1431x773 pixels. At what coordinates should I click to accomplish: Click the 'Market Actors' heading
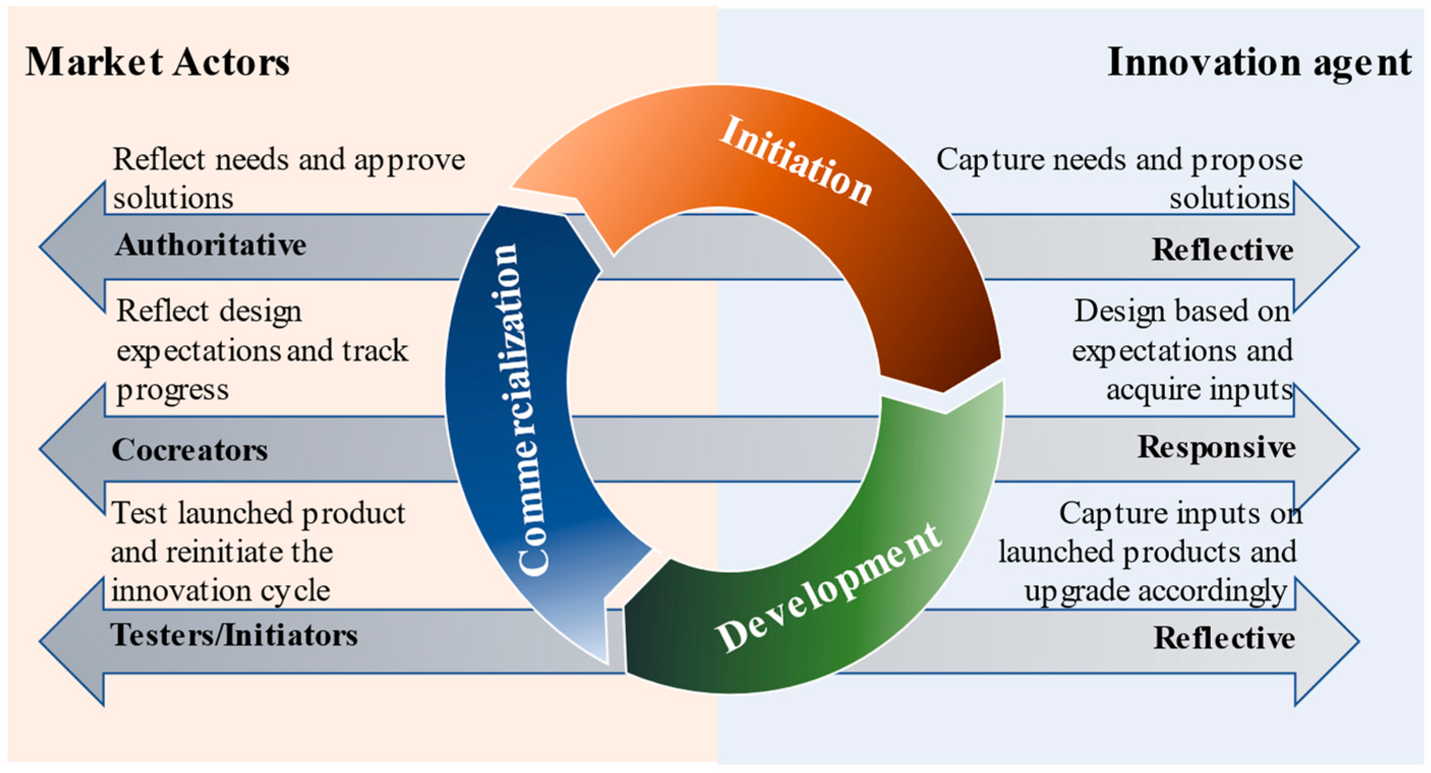click(x=158, y=61)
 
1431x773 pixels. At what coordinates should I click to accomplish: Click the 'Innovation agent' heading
click(x=1258, y=61)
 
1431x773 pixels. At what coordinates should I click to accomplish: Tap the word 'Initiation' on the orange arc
click(x=795, y=161)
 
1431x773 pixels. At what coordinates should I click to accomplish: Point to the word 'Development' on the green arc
click(x=828, y=589)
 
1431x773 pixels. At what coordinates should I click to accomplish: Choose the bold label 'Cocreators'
click(x=190, y=449)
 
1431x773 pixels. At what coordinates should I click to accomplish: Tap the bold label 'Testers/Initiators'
click(x=234, y=635)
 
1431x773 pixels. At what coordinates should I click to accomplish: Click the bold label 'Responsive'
click(x=1216, y=447)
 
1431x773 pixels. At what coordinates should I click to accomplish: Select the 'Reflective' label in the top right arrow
click(x=1222, y=249)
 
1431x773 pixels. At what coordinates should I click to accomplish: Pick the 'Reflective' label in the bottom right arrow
click(x=1224, y=637)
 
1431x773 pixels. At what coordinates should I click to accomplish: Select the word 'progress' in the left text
click(x=172, y=390)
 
